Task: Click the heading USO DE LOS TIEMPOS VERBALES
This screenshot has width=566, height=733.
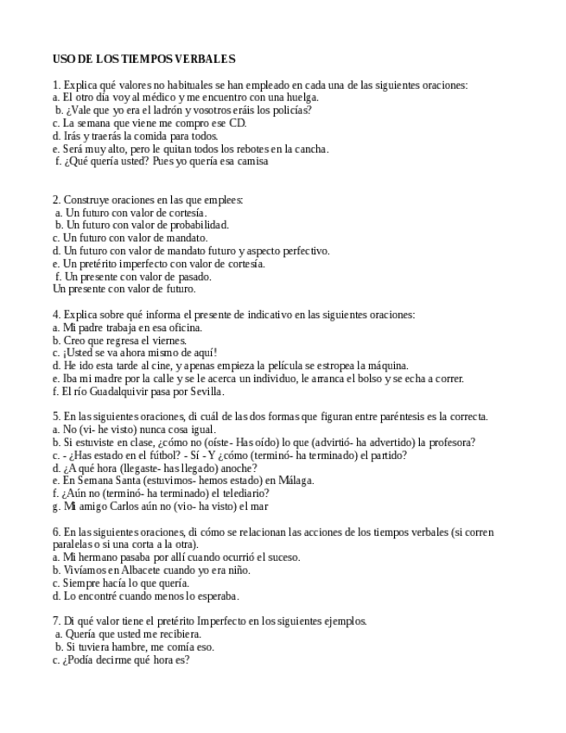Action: click(x=143, y=59)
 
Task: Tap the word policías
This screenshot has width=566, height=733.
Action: click(x=291, y=111)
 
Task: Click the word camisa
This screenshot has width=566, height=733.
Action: click(x=251, y=161)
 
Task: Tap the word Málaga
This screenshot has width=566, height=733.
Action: click(x=295, y=481)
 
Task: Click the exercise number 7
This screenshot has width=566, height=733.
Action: click(x=56, y=621)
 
